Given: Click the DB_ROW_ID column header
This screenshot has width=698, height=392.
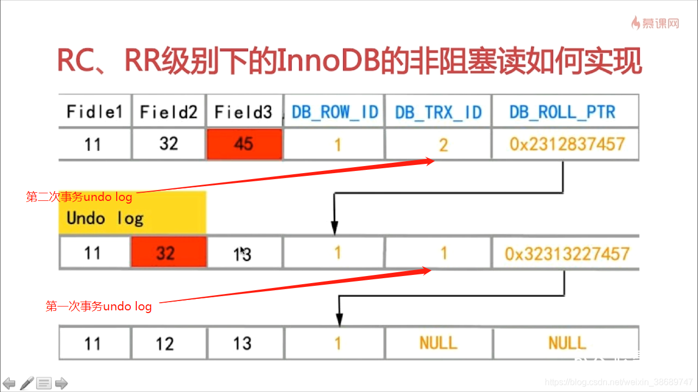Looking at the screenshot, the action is point(335,112).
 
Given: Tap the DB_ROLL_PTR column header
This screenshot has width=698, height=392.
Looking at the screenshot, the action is point(562,112).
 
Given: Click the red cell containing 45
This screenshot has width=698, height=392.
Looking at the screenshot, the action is point(244,144).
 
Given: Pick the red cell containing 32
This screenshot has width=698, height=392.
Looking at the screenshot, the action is point(169,252).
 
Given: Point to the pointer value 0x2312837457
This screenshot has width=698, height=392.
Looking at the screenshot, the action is point(567,144).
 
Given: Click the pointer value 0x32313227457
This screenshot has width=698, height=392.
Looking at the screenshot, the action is point(567,254).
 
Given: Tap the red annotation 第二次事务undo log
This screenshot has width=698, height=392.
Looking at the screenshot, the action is point(79,197).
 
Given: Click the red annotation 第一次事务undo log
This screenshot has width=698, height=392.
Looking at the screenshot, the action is point(99,307).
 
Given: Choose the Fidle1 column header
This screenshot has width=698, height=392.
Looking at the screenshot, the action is point(94,112).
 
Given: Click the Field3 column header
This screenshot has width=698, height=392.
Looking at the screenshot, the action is point(243,112).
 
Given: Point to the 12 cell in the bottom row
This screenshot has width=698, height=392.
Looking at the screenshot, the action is point(164,344).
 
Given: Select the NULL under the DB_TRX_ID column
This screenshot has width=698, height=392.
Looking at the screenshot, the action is point(438,342).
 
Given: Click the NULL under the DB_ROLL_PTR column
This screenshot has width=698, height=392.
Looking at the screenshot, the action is point(567,342).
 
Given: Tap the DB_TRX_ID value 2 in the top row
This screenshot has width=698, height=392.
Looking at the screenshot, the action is point(443,144).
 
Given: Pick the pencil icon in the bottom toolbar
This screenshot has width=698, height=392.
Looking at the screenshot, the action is point(27,383).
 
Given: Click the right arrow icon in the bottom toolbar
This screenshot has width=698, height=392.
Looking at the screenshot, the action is point(61,383).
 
